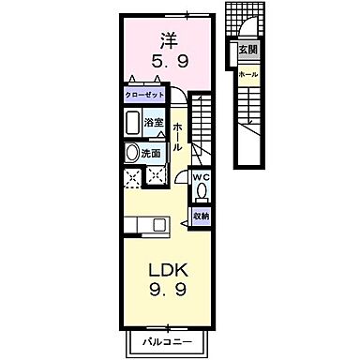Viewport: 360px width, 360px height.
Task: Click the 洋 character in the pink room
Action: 169,41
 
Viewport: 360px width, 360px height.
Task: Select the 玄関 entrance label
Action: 247,50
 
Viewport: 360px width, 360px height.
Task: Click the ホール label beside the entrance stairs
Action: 248,73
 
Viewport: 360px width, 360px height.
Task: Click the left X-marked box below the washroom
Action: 131,178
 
